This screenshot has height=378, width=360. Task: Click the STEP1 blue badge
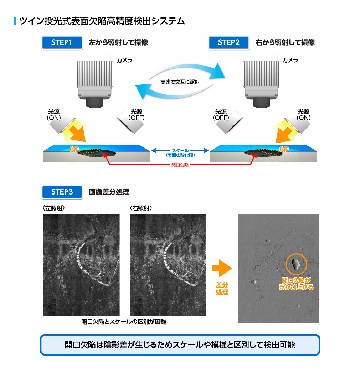(62, 43)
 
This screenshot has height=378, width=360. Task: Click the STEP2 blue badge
(228, 43)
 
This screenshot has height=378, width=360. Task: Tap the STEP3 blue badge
(62, 192)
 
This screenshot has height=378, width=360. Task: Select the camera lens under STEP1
(94, 103)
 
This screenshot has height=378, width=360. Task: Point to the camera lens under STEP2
(261, 103)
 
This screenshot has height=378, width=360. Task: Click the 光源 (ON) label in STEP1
(54, 115)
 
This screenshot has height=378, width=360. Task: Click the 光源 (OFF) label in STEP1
(137, 115)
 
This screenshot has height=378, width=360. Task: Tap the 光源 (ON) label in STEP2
(304, 115)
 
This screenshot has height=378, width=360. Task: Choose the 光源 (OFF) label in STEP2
(221, 115)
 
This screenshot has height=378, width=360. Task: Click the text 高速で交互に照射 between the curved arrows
(180, 82)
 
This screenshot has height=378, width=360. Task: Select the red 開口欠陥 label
(180, 165)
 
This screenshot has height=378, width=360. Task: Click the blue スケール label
(180, 150)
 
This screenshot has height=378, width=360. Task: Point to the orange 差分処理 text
(222, 289)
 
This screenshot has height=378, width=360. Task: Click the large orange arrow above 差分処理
(222, 268)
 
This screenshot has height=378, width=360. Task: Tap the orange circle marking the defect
(296, 254)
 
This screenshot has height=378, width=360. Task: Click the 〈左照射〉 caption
(53, 208)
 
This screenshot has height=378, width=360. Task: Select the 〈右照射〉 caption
(141, 208)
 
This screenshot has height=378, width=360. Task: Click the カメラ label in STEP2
(290, 60)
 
